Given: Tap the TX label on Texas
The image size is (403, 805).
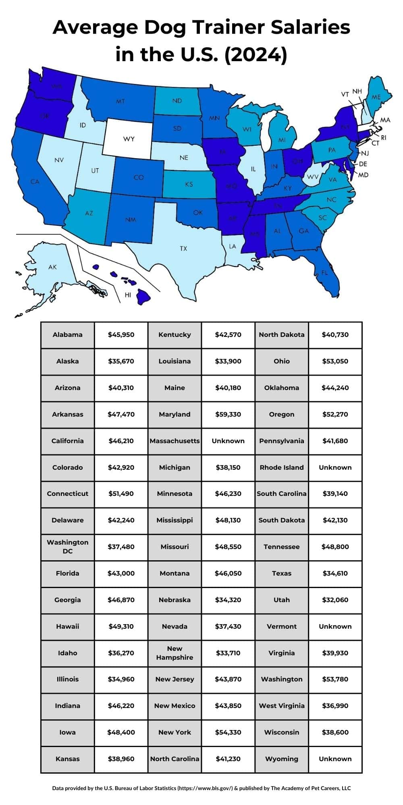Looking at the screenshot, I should [183, 248].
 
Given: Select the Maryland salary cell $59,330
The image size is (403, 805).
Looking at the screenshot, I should [228, 414].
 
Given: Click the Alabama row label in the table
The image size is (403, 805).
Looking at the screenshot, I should [67, 334].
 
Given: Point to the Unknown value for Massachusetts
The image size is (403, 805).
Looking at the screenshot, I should [228, 441].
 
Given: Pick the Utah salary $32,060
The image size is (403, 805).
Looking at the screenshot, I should [335, 600].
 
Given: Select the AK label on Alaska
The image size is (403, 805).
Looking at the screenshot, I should [52, 267].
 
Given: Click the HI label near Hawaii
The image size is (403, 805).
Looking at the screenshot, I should [128, 295].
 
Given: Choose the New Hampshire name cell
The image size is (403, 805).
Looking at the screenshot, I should [174, 653].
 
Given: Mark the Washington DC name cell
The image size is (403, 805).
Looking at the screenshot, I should [67, 547].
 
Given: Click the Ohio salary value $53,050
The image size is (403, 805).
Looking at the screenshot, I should [335, 361].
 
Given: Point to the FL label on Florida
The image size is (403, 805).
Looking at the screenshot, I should [325, 273].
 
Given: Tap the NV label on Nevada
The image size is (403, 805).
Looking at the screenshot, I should [59, 160].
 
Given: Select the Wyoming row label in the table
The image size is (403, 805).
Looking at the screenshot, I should [282, 759].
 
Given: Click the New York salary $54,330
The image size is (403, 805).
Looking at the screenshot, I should [228, 732].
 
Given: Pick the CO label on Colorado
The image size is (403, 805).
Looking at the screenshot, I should [139, 177].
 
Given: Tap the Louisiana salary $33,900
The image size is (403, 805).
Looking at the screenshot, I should [228, 361].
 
